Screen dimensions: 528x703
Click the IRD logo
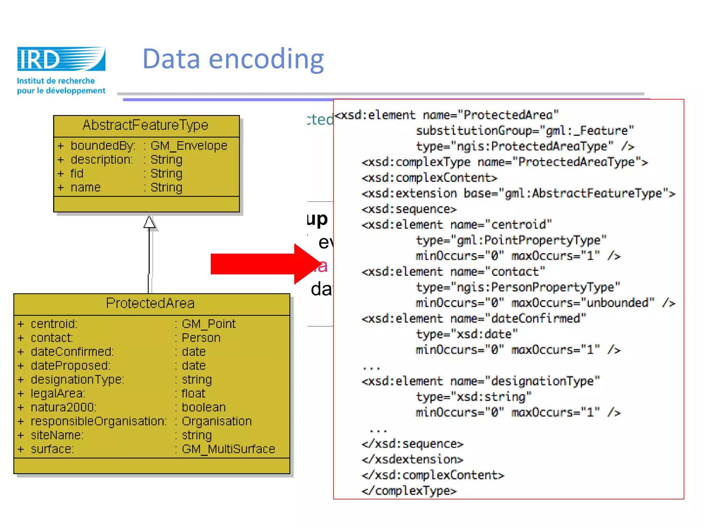(x=61, y=59)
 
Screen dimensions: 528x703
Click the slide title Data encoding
(x=233, y=59)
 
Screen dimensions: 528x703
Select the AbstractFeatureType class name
(x=146, y=125)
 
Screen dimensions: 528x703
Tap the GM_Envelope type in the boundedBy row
(x=189, y=146)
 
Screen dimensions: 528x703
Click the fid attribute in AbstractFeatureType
(x=77, y=174)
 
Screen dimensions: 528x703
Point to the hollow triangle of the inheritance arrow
(x=149, y=222)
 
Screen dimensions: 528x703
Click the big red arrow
(x=261, y=264)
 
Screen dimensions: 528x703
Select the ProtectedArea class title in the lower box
(x=150, y=303)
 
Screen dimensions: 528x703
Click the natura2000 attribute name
(x=64, y=407)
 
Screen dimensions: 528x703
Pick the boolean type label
(x=204, y=407)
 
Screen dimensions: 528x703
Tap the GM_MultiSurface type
(x=228, y=449)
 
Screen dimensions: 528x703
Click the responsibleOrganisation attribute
(x=99, y=421)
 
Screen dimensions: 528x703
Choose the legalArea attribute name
(x=58, y=394)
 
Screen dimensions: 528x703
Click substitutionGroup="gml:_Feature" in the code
(x=525, y=131)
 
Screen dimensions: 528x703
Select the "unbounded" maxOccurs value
(x=617, y=303)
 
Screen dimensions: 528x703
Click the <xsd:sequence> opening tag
(x=409, y=209)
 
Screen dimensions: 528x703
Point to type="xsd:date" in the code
(x=466, y=334)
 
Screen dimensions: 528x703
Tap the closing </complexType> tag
(x=409, y=491)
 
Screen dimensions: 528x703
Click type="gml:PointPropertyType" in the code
(x=511, y=240)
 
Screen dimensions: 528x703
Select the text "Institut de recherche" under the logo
(x=56, y=81)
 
